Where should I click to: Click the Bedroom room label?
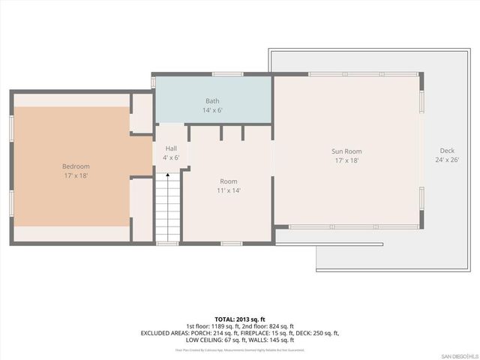76,166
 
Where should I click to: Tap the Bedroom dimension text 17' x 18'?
76,176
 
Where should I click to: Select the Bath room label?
214,100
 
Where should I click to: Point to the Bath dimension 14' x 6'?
214,110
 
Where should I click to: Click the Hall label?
171,148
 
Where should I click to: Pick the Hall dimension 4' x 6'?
171,157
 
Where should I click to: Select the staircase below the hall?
167,210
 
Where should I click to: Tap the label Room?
229,181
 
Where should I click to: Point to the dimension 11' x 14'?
229,191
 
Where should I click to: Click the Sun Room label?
347,151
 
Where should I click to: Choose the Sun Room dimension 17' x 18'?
347,160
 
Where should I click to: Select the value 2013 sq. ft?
251,318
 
